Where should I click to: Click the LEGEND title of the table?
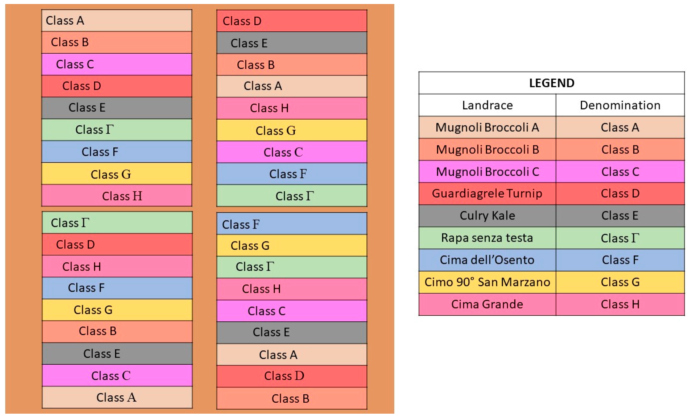(x=551, y=83)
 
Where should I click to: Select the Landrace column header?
(x=487, y=105)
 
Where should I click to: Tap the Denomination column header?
(x=620, y=105)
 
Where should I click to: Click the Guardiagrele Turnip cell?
(x=487, y=194)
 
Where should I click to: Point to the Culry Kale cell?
(x=487, y=215)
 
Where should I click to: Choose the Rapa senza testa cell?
(x=487, y=238)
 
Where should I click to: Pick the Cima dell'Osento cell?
(x=487, y=260)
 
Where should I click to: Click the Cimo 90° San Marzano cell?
(x=487, y=282)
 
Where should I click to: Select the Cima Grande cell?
(x=487, y=304)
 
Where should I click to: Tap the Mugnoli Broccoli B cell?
(x=487, y=150)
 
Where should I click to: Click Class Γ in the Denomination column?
(x=620, y=238)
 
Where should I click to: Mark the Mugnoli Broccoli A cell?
(x=487, y=127)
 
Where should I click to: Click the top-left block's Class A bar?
(x=117, y=21)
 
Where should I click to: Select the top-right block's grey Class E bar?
(x=292, y=43)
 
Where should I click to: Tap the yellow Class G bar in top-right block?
(x=292, y=130)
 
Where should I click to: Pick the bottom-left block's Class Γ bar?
(x=117, y=222)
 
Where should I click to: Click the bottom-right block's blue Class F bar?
(x=292, y=224)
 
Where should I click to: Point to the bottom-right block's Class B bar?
(x=292, y=398)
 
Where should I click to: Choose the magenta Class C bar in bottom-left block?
(x=117, y=375)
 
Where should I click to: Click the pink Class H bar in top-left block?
(x=117, y=196)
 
